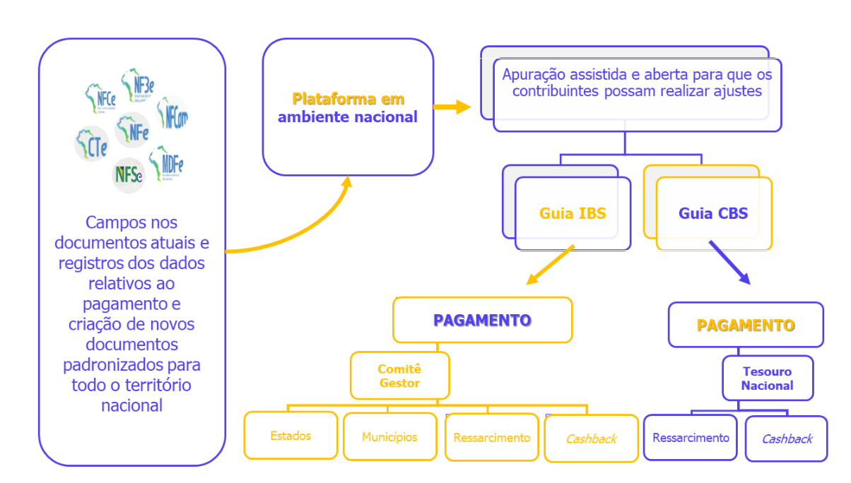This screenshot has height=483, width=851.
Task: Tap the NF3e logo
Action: point(138,85)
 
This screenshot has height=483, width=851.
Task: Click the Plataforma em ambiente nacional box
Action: point(348,107)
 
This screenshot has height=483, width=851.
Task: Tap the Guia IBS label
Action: point(573,213)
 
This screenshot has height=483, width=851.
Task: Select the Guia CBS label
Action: point(713,213)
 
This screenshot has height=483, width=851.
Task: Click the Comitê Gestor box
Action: point(399,376)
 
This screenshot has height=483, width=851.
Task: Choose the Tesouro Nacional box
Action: point(767,378)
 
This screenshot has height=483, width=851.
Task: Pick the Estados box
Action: point(290,436)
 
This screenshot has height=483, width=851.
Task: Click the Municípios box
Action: point(389,437)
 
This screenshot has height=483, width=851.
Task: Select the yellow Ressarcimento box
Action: point(492,438)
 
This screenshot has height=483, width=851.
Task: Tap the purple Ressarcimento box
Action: point(691,438)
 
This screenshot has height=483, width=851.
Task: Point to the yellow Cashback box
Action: point(591,439)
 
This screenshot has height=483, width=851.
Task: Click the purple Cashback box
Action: point(787,439)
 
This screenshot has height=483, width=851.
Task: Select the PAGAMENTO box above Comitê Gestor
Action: point(482,320)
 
